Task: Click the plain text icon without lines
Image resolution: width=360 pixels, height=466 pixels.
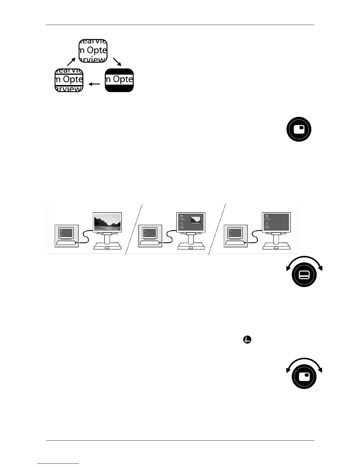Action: click(93, 51)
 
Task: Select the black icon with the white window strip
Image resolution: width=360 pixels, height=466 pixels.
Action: click(119, 80)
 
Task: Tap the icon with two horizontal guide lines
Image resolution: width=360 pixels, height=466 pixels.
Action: click(69, 80)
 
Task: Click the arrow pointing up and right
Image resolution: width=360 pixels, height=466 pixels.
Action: click(71, 61)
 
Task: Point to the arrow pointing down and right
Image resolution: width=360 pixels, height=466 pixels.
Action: click(117, 61)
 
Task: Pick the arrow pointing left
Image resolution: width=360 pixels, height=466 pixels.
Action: click(94, 84)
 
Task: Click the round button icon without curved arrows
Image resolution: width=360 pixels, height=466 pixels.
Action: click(299, 129)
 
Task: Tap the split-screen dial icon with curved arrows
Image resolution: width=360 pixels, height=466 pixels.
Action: click(304, 274)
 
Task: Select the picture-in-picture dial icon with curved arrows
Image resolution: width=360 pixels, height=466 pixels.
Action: click(304, 376)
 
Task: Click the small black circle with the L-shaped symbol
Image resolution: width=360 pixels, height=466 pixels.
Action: click(247, 340)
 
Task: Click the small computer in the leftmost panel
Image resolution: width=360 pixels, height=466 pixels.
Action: click(66, 235)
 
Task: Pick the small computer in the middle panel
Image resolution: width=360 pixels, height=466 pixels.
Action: click(150, 235)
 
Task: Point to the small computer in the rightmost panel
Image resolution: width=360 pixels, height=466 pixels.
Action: click(235, 235)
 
